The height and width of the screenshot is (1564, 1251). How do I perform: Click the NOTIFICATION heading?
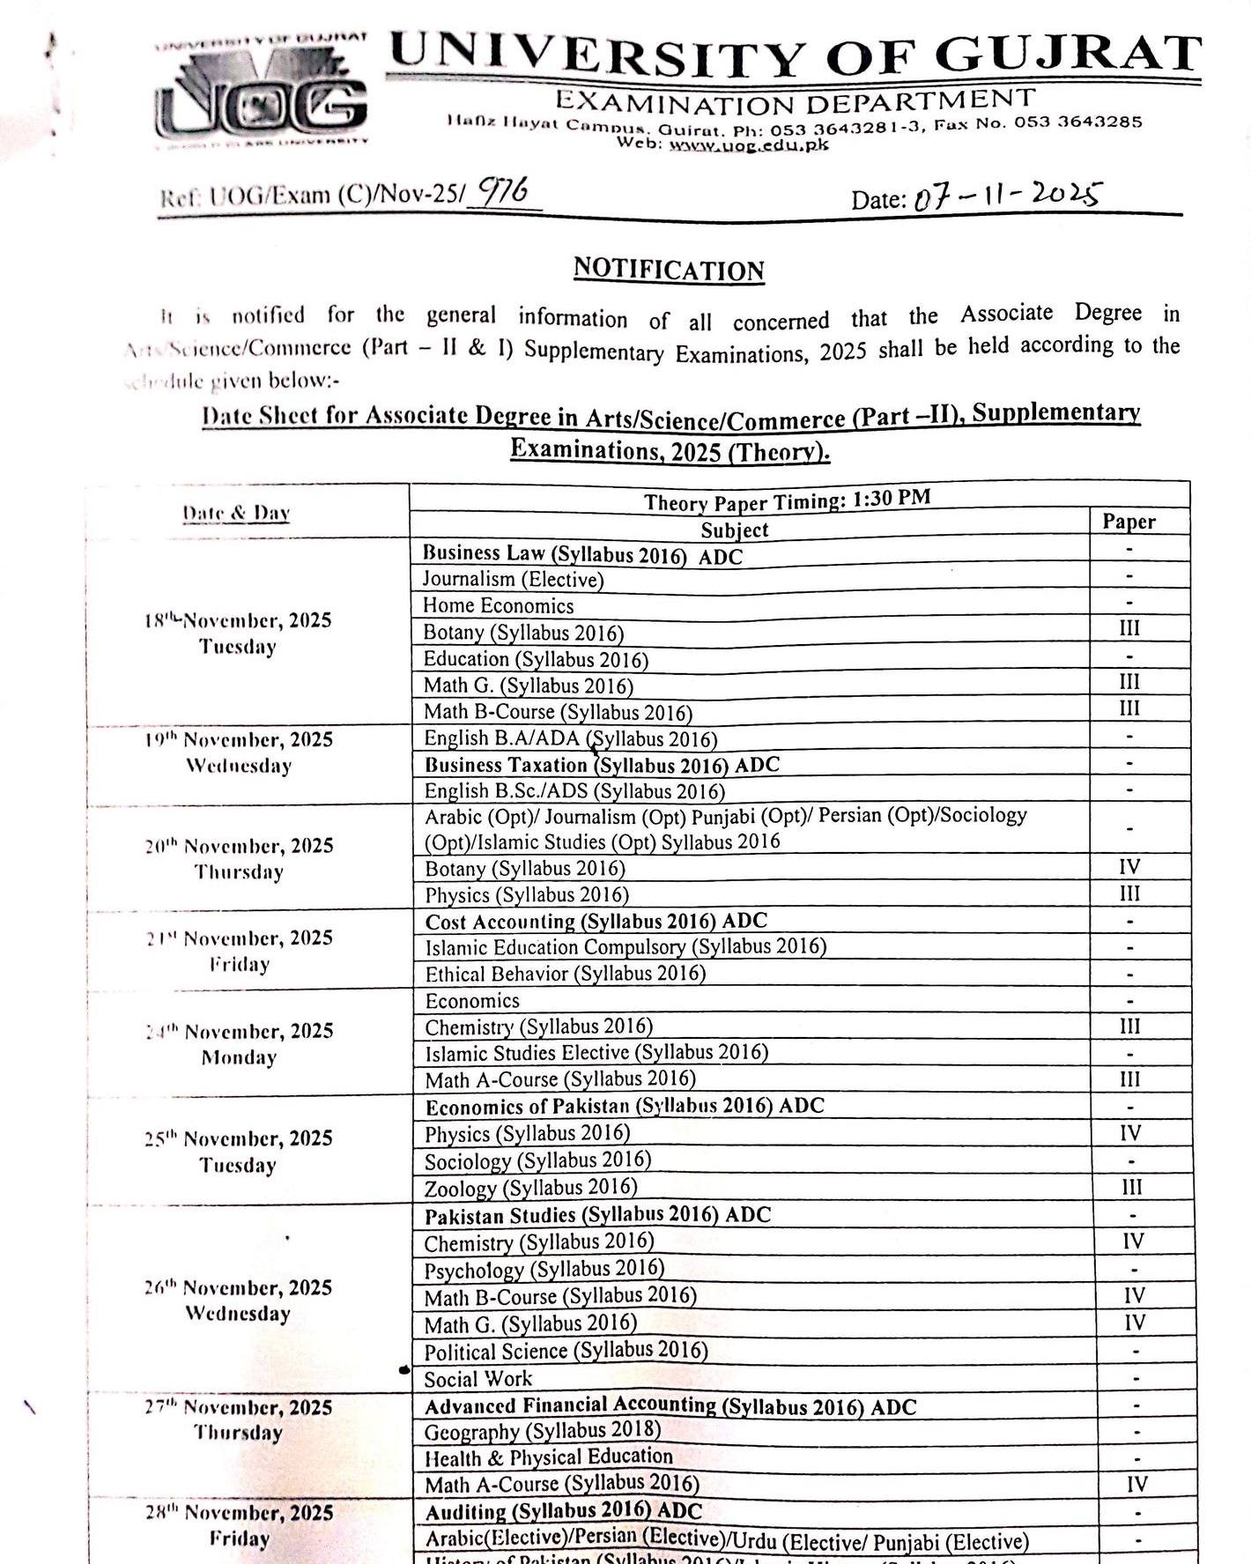[x=669, y=269]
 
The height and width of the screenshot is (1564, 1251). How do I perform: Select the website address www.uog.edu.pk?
[x=748, y=145]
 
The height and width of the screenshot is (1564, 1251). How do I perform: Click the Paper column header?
[x=1129, y=522]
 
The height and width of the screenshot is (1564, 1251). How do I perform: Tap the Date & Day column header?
[x=236, y=513]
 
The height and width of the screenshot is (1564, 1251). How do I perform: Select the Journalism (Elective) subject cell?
[x=513, y=579]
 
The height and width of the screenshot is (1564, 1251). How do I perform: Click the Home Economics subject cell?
[x=498, y=605]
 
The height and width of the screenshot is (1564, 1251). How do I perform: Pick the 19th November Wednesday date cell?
[x=238, y=752]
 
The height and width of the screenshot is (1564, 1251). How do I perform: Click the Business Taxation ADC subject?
[x=602, y=765]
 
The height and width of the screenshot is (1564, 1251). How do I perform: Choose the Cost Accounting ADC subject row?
[x=596, y=922]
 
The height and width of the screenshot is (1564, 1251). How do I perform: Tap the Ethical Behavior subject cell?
[x=566, y=974]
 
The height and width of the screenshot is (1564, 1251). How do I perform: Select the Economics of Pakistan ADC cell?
[x=625, y=1107]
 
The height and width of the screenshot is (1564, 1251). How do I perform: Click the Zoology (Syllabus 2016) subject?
[x=530, y=1188]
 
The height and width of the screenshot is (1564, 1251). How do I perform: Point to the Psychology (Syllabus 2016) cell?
[x=544, y=1270]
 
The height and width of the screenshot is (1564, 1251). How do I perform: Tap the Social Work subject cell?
[x=478, y=1379]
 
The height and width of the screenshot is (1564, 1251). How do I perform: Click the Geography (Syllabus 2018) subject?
[x=542, y=1432]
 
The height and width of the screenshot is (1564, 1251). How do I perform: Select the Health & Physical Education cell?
[x=548, y=1457]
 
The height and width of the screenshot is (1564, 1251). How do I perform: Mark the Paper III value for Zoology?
[x=1132, y=1187]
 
